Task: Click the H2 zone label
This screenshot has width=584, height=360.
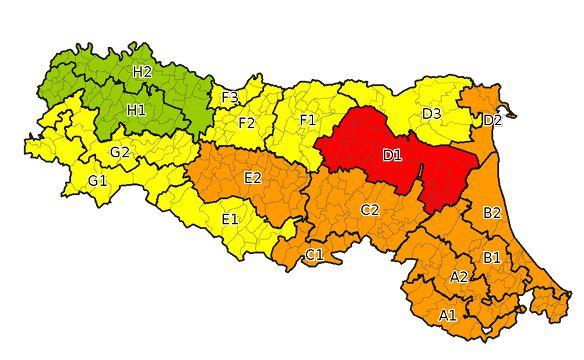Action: (142, 72)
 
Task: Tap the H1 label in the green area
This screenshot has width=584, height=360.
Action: (135, 109)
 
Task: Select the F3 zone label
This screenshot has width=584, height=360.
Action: (230, 97)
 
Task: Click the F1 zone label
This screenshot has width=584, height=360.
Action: (308, 120)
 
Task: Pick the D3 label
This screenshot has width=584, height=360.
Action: (432, 114)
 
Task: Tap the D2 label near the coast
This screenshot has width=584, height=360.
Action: (492, 121)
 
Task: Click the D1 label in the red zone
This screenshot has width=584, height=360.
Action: (392, 155)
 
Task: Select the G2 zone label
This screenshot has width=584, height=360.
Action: (120, 152)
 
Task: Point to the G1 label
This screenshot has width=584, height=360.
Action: (97, 181)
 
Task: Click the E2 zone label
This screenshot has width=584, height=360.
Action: (253, 177)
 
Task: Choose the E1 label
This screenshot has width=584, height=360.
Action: (230, 219)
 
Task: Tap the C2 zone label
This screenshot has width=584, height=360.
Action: (370, 210)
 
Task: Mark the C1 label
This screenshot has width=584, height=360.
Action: (314, 255)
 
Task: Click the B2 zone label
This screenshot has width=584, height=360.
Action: (492, 213)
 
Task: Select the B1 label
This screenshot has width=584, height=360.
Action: (492, 257)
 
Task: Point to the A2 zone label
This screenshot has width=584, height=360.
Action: (459, 276)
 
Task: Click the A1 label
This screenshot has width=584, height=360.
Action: (449, 315)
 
